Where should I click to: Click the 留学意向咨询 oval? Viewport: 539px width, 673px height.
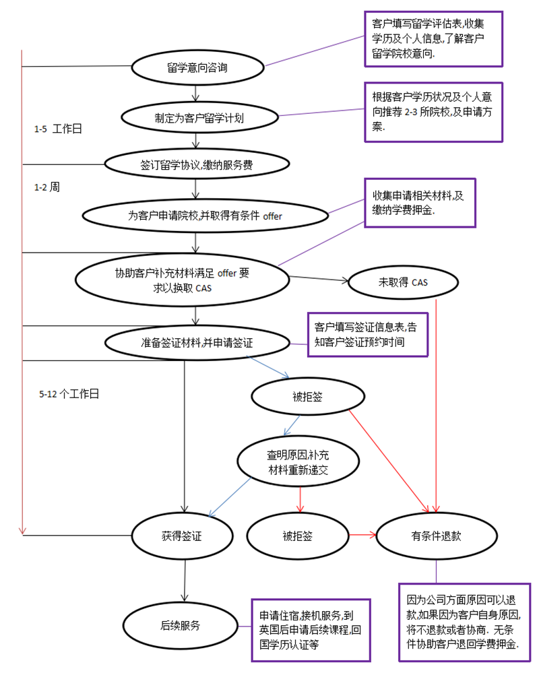pos(196,67)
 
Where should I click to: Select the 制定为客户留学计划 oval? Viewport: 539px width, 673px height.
pos(196,117)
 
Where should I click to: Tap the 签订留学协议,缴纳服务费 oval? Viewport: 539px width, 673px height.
pos(197,164)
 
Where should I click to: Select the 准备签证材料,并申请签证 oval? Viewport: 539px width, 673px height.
pos(197,342)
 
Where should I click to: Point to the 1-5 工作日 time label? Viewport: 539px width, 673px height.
pos(59,129)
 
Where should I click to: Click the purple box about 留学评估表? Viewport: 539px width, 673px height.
pos(434,38)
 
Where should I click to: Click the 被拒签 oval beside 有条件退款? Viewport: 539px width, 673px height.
pos(297,536)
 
